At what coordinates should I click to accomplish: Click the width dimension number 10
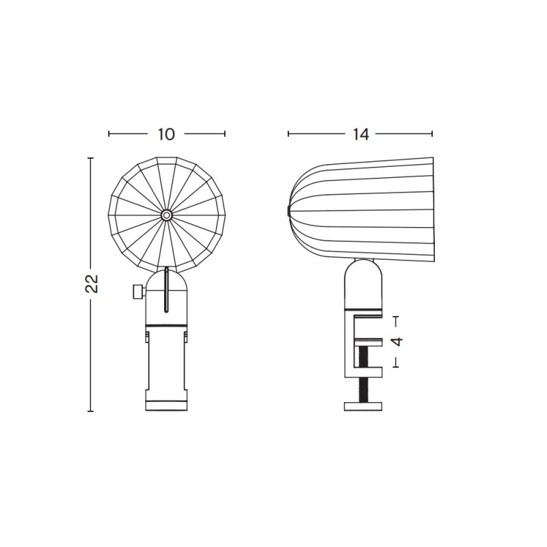166,134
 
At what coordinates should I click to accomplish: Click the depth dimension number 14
361,134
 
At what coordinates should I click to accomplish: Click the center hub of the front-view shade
166,215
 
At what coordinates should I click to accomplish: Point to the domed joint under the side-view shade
363,280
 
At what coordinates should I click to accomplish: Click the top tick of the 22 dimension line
90,158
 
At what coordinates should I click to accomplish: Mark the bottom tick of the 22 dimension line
90,412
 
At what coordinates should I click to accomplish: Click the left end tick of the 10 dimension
109,134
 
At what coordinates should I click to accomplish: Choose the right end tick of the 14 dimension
432,134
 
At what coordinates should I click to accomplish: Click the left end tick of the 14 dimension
288,134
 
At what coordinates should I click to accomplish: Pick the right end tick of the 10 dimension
225,134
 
